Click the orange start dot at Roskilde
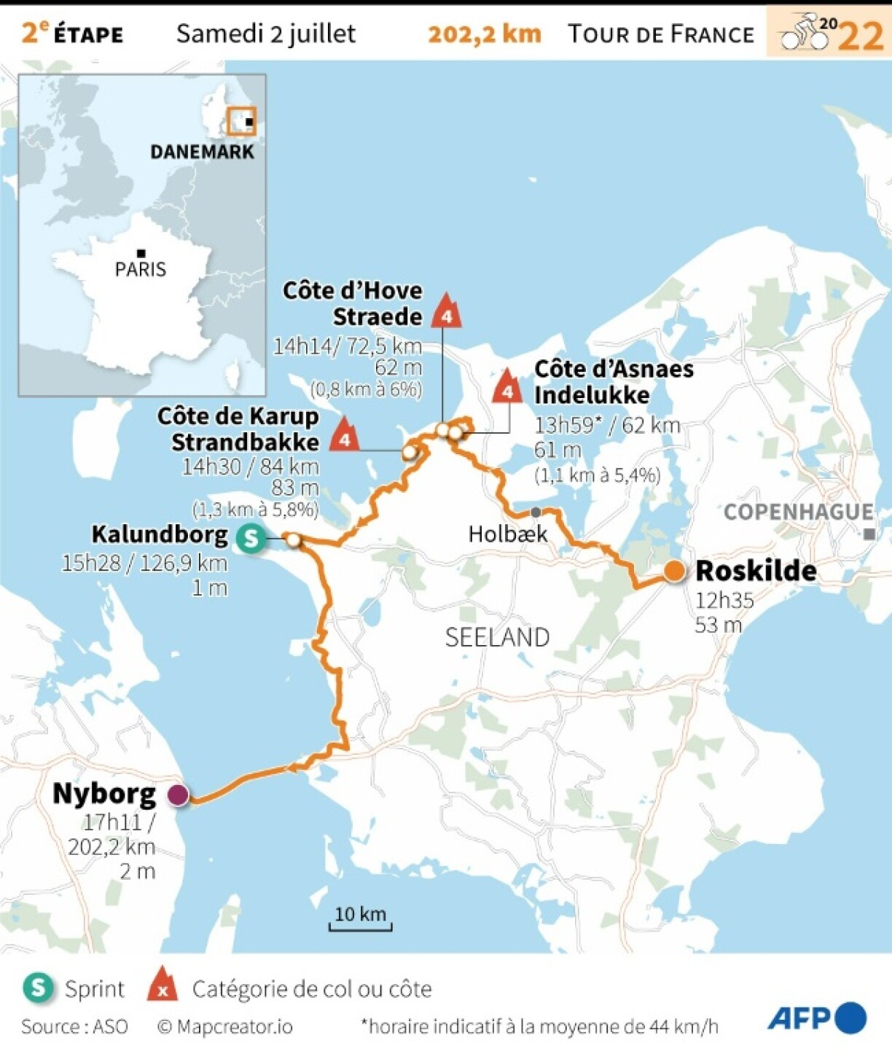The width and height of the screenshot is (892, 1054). (x=675, y=571)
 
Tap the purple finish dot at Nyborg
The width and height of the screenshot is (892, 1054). (x=178, y=795)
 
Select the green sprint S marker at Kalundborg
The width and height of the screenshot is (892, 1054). (x=251, y=539)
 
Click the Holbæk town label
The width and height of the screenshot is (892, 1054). (x=507, y=534)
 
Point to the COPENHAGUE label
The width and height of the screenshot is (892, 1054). (x=798, y=512)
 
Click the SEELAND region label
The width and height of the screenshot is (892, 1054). (x=497, y=638)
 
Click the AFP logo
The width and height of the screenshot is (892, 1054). (x=816, y=1018)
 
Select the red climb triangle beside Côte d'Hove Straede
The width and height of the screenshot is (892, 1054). (x=446, y=312)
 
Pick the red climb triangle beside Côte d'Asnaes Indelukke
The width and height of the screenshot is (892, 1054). (x=507, y=388)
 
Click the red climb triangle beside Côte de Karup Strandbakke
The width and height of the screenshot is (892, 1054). (x=345, y=435)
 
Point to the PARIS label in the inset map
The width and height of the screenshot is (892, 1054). (x=141, y=270)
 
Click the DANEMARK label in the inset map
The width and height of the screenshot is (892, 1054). (x=202, y=152)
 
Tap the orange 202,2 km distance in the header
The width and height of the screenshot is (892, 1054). (x=485, y=34)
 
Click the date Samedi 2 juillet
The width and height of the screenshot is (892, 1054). (x=266, y=34)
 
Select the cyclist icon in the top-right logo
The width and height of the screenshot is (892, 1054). (x=802, y=31)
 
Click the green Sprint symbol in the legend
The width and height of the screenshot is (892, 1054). (x=38, y=988)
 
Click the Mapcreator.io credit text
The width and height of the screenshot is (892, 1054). (x=225, y=1027)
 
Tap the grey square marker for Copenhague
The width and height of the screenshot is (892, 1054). (x=869, y=534)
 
